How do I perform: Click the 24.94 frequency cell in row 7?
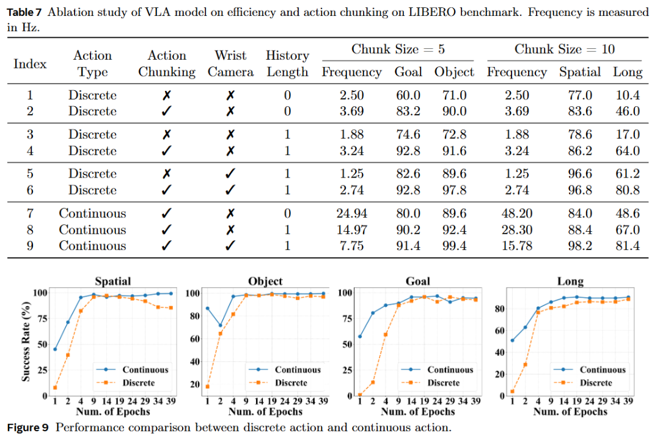tap(351, 214)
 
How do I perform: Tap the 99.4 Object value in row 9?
tap(454, 246)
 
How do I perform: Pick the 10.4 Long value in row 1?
tap(628, 95)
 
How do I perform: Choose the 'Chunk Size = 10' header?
tap(564, 49)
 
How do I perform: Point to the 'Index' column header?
tap(30, 63)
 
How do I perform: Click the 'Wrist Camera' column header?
tap(230, 63)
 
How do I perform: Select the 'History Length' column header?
tap(287, 63)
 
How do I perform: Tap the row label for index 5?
tap(30, 174)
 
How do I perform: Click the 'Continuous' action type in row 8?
tap(92, 230)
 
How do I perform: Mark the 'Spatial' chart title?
tap(113, 281)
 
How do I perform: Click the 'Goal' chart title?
tap(417, 281)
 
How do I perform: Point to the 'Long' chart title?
tap(570, 281)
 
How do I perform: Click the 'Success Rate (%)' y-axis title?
tap(26, 343)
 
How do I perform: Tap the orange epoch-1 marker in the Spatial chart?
tap(55, 387)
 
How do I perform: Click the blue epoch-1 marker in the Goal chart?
tap(360, 337)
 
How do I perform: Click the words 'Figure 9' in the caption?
tap(28, 427)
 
